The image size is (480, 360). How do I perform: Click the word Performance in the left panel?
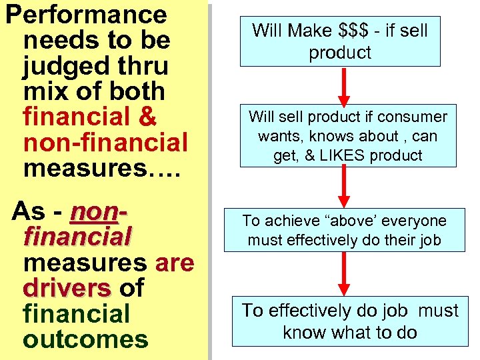point(86,15)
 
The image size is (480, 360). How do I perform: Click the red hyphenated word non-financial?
point(105,143)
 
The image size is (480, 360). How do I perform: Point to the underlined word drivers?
point(67,288)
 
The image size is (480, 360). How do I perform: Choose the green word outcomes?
point(85,339)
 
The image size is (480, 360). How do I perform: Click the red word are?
point(174,263)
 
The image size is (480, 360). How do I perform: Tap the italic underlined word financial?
point(77,237)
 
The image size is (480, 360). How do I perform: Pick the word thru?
point(141,66)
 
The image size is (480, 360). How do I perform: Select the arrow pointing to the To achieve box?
point(344,186)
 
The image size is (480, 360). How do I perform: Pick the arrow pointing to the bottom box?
point(344,273)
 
